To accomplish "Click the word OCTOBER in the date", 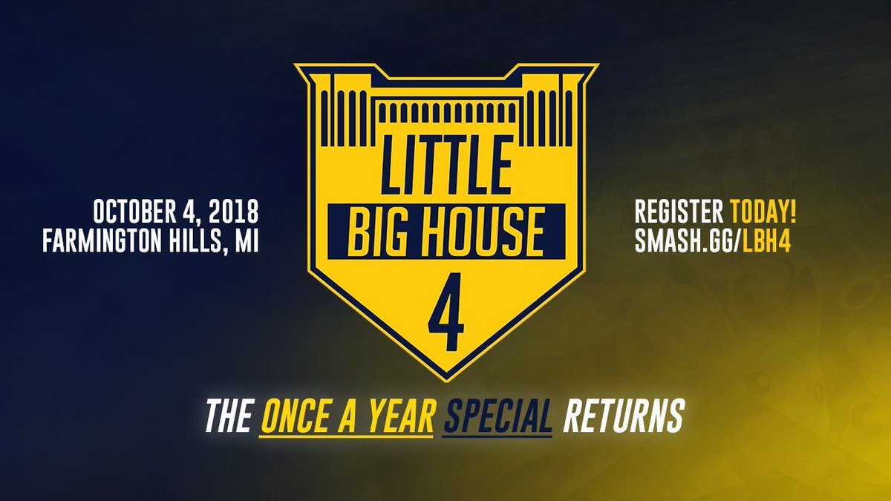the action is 135,212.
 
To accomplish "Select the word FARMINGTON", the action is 102,240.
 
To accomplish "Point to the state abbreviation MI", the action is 247,240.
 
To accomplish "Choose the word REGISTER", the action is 679,212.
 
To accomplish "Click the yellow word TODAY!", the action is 764,212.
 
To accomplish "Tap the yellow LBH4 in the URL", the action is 766,240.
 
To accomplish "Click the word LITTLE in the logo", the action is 446,165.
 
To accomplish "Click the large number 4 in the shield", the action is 446,312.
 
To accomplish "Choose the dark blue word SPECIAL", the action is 497,416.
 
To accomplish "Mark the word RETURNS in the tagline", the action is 623,416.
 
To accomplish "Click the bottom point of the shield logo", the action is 446,382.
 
